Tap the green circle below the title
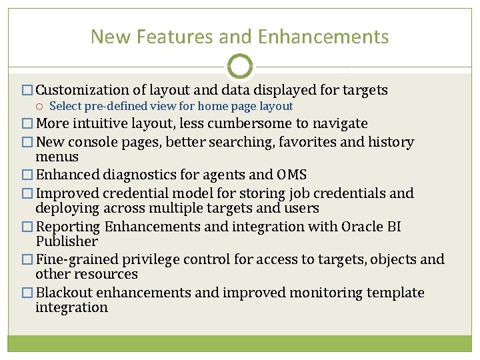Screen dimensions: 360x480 pyautogui.click(x=240, y=67)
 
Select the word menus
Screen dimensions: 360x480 pyautogui.click(x=57, y=157)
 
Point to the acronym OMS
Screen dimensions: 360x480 pyautogui.click(x=291, y=175)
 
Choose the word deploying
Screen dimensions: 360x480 pyautogui.click(x=67, y=208)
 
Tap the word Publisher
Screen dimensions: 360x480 pyautogui.click(x=67, y=241)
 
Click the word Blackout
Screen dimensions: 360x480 pyautogui.click(x=64, y=293)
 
